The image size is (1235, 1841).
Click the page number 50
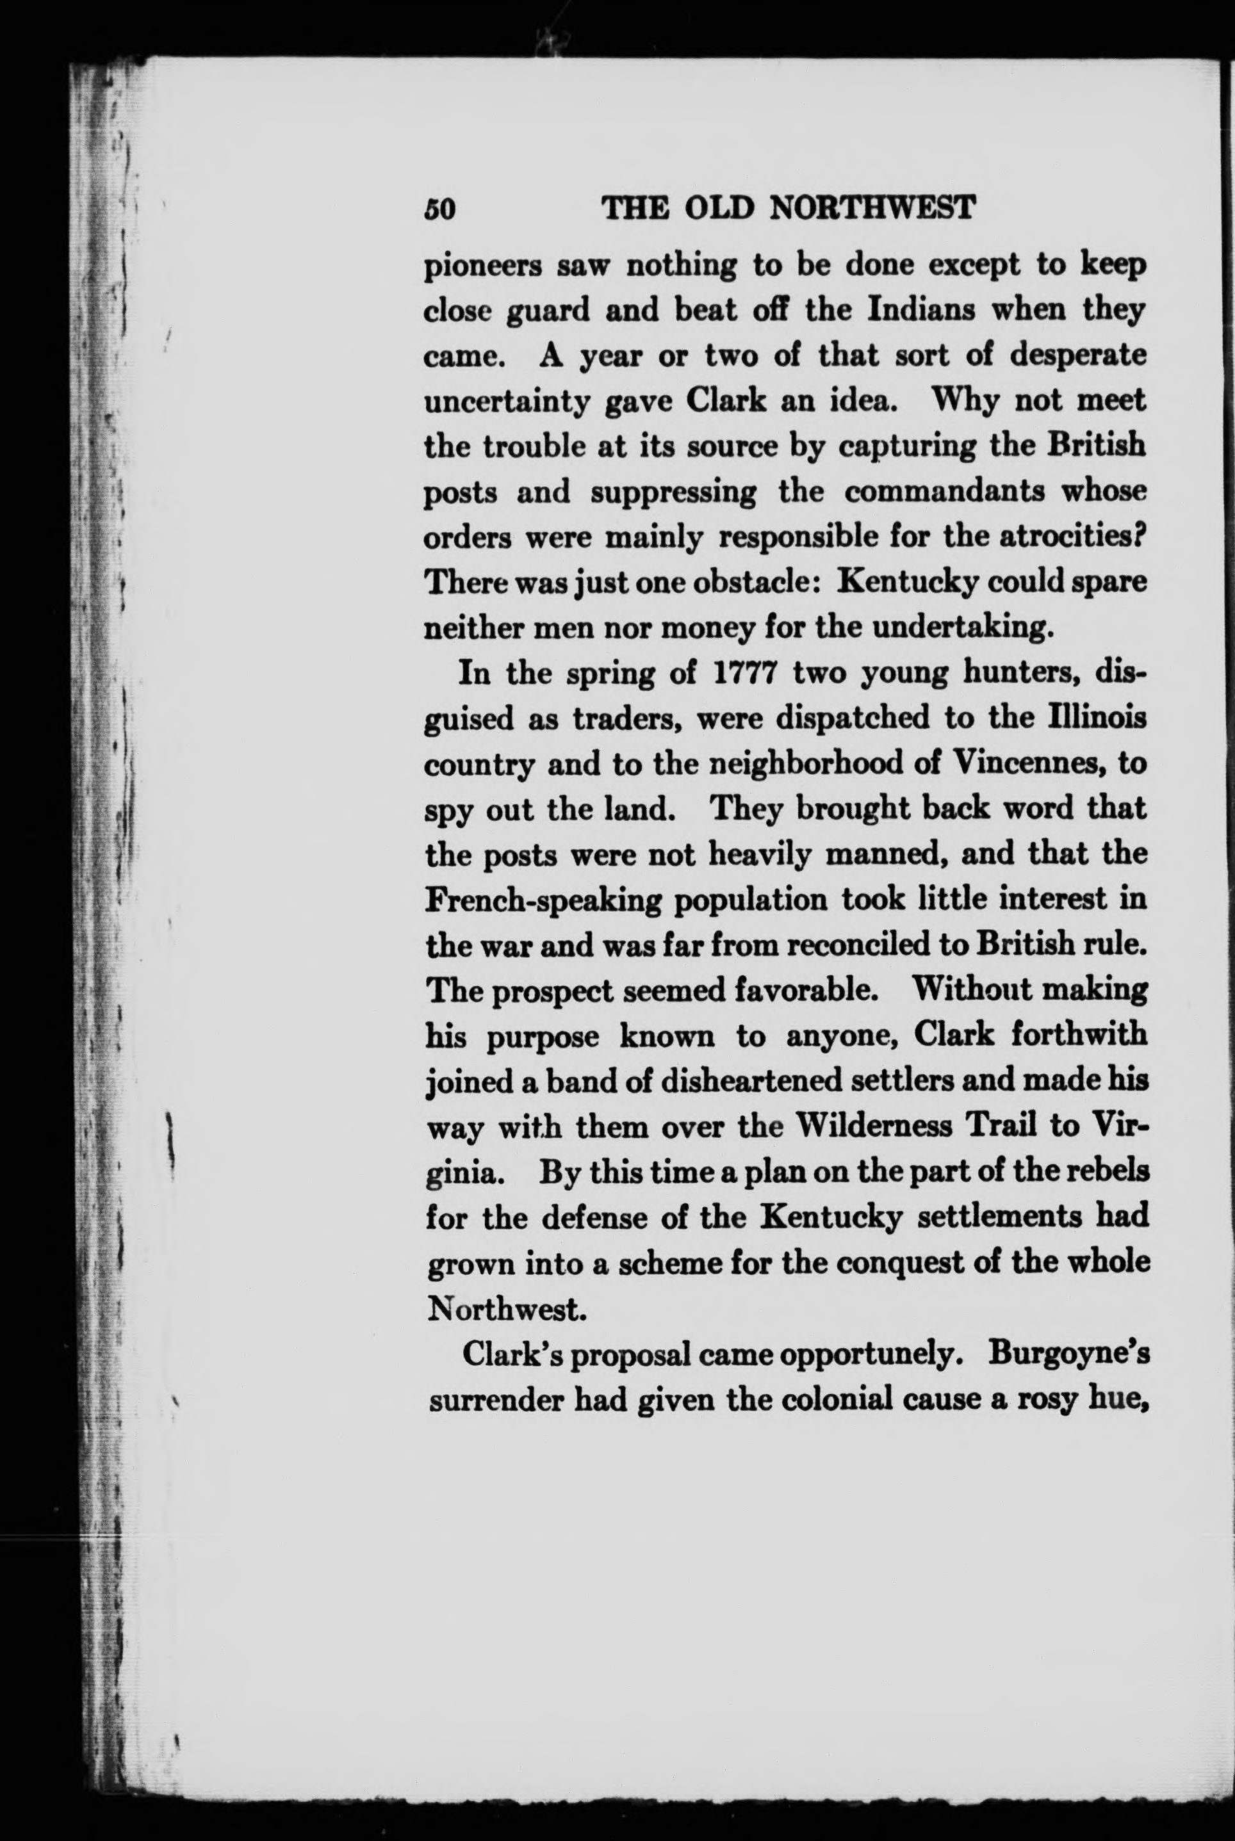point(440,209)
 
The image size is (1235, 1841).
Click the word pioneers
point(482,268)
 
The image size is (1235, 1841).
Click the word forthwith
point(1078,1035)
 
